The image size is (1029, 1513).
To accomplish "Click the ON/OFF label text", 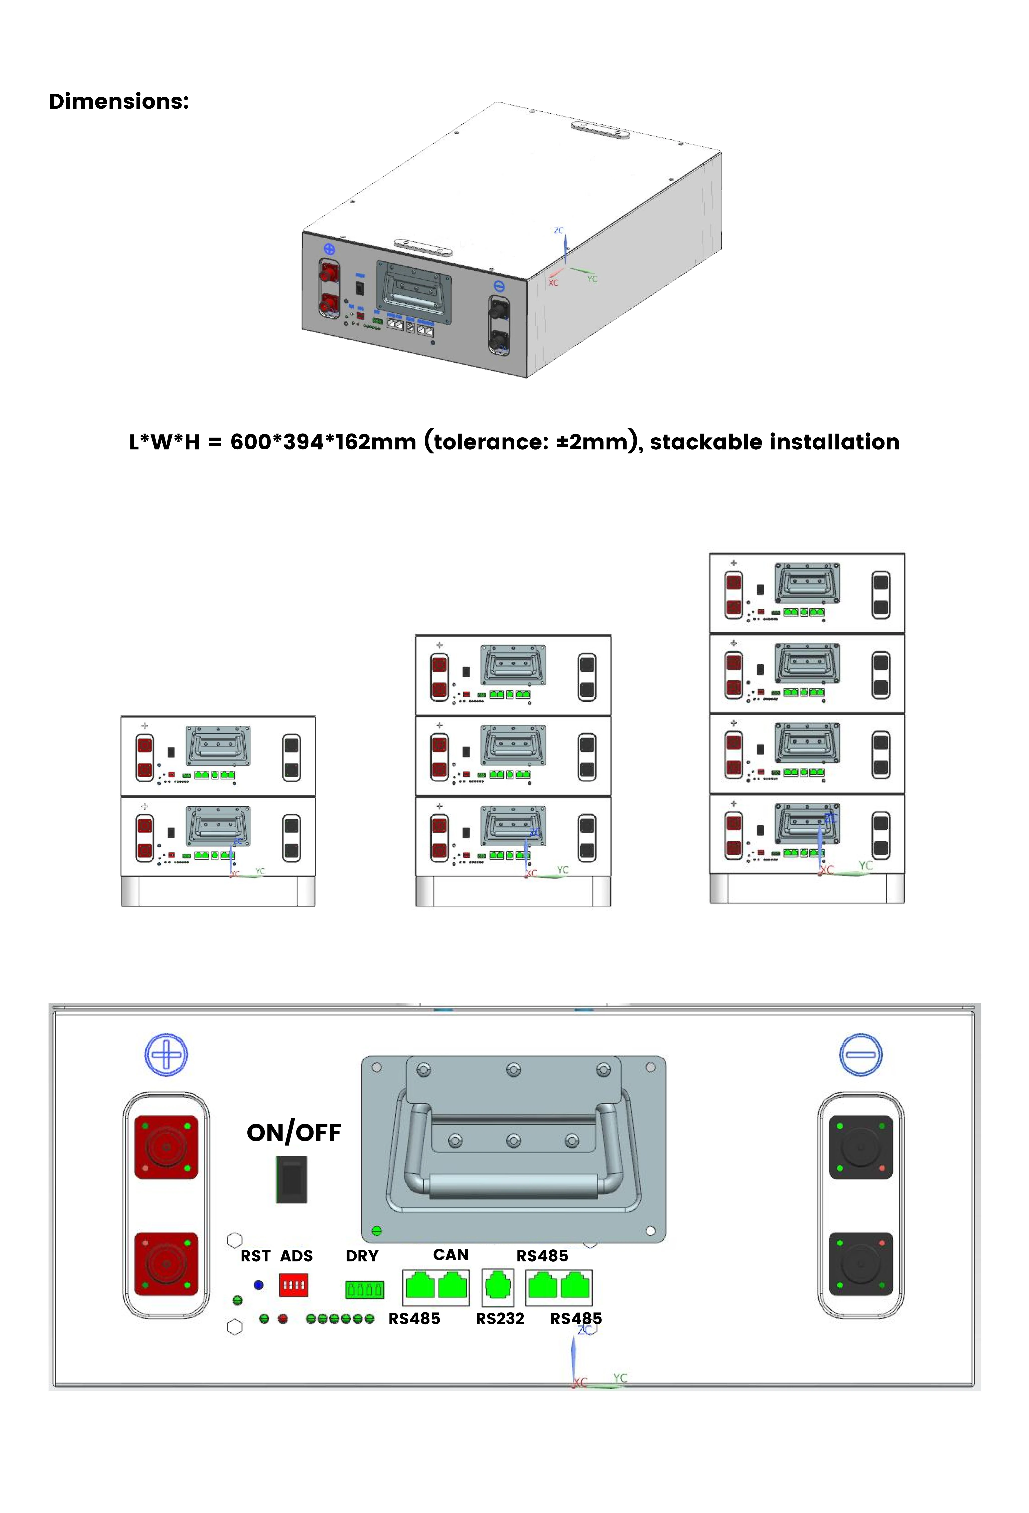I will [x=294, y=1133].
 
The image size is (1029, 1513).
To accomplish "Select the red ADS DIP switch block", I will [x=293, y=1285].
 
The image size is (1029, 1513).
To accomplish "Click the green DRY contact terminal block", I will [x=364, y=1289].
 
